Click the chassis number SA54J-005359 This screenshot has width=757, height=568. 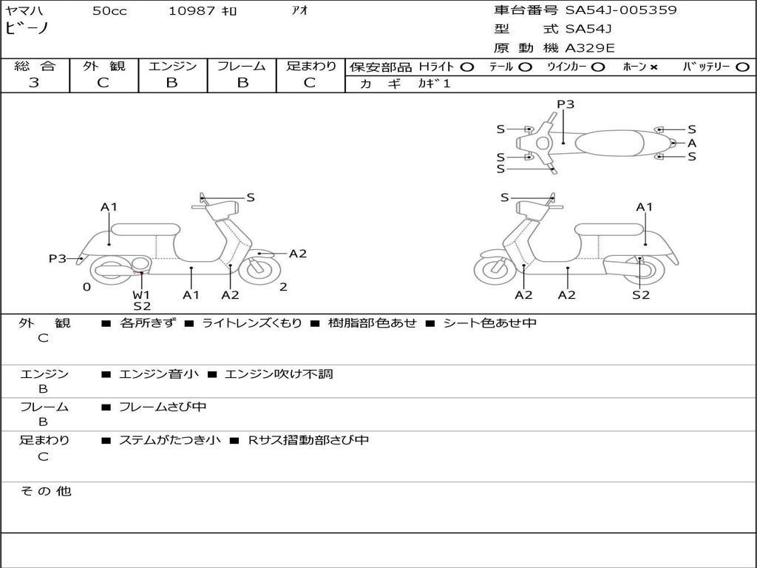click(621, 10)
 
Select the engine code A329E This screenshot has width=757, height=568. click(590, 49)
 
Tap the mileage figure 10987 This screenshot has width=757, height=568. click(191, 11)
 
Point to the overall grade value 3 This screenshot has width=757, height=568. click(34, 83)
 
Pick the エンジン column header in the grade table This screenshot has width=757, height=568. click(172, 67)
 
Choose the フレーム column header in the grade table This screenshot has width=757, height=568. click(241, 67)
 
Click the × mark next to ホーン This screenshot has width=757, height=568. click(654, 67)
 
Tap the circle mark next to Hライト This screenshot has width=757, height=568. click(466, 67)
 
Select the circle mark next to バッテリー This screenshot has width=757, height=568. click(742, 67)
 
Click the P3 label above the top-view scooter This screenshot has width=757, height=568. click(565, 104)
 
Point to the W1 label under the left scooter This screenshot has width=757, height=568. click(141, 294)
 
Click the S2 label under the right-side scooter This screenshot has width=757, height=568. click(640, 294)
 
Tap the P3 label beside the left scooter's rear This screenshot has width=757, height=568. click(58, 259)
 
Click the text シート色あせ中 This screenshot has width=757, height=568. click(489, 323)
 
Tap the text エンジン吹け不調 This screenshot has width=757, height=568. click(279, 374)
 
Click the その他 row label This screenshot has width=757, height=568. click(46, 491)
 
